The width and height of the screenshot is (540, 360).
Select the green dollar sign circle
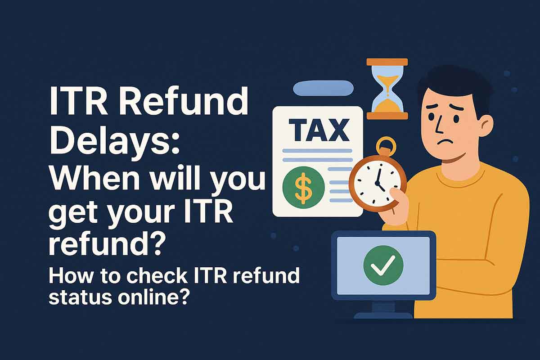[x=303, y=187]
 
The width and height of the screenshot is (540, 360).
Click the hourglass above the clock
[x=387, y=89]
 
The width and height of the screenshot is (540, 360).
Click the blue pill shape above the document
[x=322, y=88]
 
